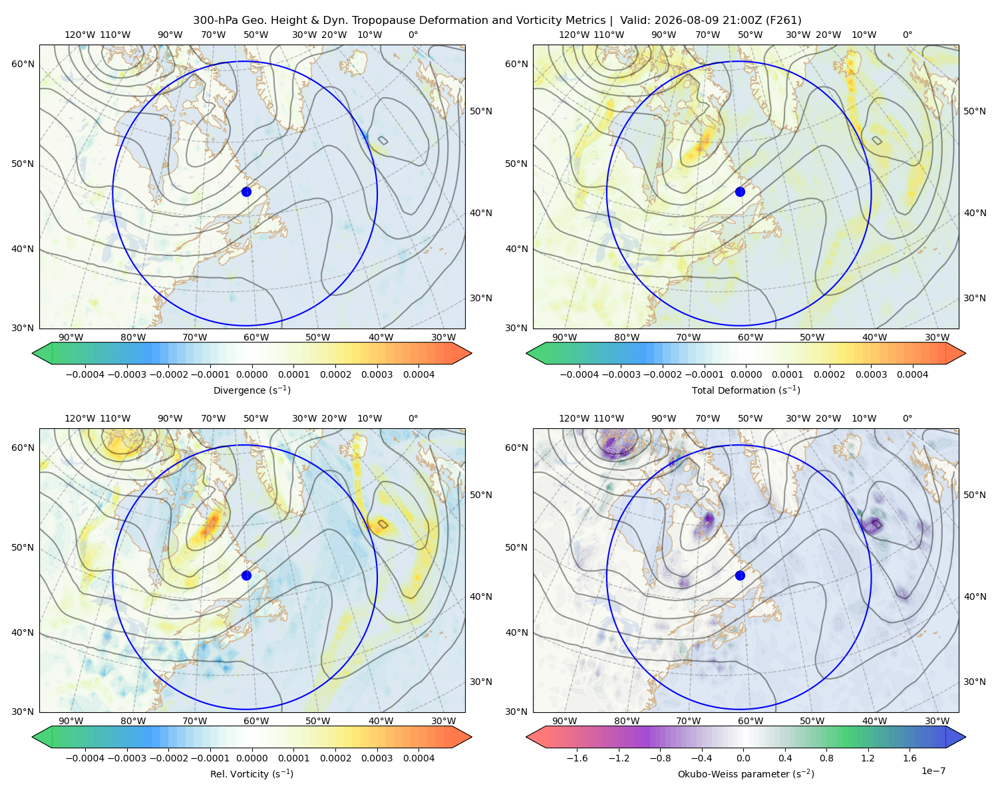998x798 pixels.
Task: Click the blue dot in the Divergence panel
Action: pyautogui.click(x=246, y=192)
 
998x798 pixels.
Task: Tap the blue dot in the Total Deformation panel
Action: pyautogui.click(x=740, y=192)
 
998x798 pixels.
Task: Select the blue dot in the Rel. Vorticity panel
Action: pyautogui.click(x=246, y=575)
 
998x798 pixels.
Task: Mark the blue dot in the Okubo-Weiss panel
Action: pyautogui.click(x=740, y=575)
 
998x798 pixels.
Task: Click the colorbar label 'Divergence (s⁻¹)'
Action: pyautogui.click(x=251, y=390)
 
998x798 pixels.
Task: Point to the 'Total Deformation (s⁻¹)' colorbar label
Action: pyautogui.click(x=746, y=390)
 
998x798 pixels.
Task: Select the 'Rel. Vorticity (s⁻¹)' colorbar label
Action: pyautogui.click(x=251, y=773)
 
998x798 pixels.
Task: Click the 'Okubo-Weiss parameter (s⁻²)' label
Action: pyautogui.click(x=746, y=773)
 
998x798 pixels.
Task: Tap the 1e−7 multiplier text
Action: pyautogui.click(x=933, y=771)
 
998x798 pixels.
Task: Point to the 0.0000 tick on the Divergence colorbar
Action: pyautogui.click(x=251, y=374)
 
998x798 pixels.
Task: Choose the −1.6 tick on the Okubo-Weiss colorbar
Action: pyautogui.click(x=577, y=757)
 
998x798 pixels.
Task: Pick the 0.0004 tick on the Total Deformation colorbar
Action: pyautogui.click(x=912, y=374)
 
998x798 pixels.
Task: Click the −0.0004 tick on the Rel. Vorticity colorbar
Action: pyautogui.click(x=85, y=757)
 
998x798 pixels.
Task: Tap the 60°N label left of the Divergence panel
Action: pyautogui.click(x=23, y=64)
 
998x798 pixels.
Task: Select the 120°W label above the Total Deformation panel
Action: pyautogui.click(x=574, y=35)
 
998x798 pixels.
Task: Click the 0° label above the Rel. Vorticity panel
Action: pyautogui.click(x=413, y=418)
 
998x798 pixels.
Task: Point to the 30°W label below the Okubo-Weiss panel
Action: pyautogui.click(x=937, y=721)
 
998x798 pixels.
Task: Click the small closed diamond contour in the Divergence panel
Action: pyautogui.click(x=383, y=140)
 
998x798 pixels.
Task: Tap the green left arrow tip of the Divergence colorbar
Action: pyautogui.click(x=33, y=353)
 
